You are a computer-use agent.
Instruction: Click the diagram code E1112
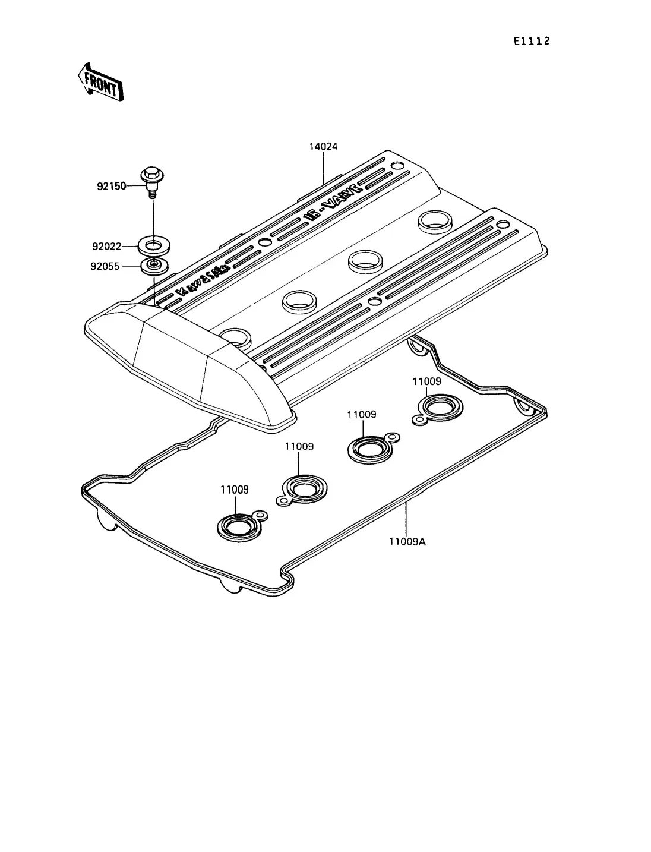[x=532, y=41]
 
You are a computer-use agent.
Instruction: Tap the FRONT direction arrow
[x=101, y=83]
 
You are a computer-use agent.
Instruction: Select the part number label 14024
[x=323, y=146]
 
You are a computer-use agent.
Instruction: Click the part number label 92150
[x=111, y=187]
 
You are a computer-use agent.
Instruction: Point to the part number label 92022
[x=107, y=247]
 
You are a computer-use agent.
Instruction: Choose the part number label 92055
[x=105, y=266]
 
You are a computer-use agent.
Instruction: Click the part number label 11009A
[x=407, y=542]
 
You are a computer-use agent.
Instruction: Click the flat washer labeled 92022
[x=154, y=246]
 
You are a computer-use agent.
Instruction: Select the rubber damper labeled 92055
[x=154, y=266]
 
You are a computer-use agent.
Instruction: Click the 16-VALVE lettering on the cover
[x=334, y=203]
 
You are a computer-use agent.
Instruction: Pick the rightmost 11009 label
[x=426, y=381]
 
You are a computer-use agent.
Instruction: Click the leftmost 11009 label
[x=235, y=490]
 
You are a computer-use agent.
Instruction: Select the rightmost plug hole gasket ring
[x=440, y=408]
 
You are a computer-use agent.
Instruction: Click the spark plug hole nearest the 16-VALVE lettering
[x=435, y=222]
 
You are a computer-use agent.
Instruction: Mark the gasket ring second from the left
[x=302, y=490]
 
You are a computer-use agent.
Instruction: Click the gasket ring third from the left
[x=371, y=449]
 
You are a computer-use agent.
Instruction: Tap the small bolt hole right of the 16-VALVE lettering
[x=397, y=166]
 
